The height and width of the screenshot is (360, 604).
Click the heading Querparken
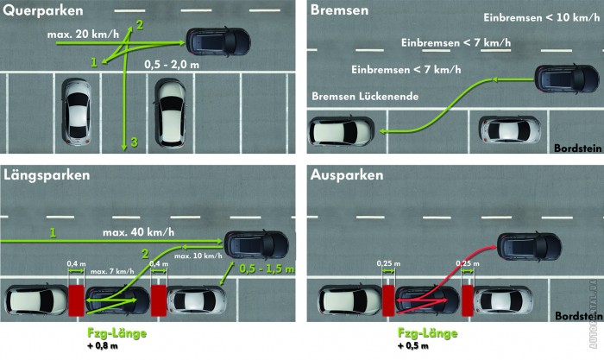[43, 10]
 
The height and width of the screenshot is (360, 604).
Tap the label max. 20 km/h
[83, 34]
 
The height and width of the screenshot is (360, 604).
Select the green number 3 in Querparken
[134, 142]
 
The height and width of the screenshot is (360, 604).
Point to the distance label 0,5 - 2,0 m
[172, 65]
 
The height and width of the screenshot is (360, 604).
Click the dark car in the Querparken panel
[218, 41]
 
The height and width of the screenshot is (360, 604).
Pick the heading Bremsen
[339, 10]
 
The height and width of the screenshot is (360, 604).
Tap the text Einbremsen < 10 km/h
[541, 17]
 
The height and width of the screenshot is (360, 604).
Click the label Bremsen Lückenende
[365, 96]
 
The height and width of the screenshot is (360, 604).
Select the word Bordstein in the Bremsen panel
[578, 148]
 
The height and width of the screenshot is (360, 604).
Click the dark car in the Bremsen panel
[567, 79]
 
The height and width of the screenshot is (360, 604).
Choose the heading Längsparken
[47, 175]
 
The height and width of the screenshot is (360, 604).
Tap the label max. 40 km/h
[139, 232]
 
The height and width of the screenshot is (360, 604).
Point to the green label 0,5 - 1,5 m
[267, 268]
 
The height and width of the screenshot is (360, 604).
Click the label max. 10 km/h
[198, 256]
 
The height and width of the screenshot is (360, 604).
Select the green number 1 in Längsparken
[53, 233]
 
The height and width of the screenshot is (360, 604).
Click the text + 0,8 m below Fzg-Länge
[103, 345]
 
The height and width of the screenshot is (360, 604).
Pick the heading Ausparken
[347, 175]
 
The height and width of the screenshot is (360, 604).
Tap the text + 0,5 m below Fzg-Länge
[413, 345]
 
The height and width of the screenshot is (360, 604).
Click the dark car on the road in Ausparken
[529, 247]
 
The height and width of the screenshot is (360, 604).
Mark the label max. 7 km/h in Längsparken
[112, 271]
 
